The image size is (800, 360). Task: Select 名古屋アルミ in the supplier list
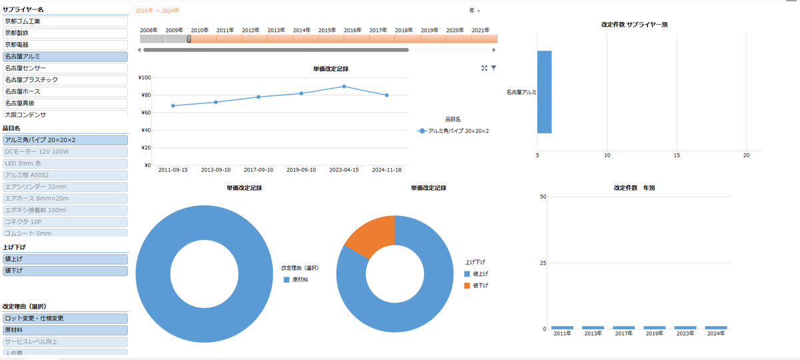point(65,56)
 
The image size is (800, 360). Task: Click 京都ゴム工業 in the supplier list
point(65,21)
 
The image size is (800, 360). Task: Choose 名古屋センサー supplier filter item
point(65,68)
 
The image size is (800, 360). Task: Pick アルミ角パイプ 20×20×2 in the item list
point(65,140)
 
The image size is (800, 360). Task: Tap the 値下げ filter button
point(65,271)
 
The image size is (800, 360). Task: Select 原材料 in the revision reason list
point(65,330)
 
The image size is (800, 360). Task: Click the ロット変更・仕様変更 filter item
point(65,318)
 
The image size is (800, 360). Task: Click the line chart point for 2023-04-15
point(343,86)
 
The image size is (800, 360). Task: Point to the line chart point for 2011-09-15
point(173,105)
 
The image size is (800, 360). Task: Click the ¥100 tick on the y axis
point(143,77)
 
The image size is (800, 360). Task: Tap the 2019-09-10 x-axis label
point(301,170)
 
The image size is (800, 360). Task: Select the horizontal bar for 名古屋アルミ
point(544,92)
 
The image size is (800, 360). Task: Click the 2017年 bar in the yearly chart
point(624,327)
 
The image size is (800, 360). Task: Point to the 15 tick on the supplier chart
point(677,155)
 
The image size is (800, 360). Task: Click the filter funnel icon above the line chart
point(494,68)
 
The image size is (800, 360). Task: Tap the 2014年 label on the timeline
point(301,30)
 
